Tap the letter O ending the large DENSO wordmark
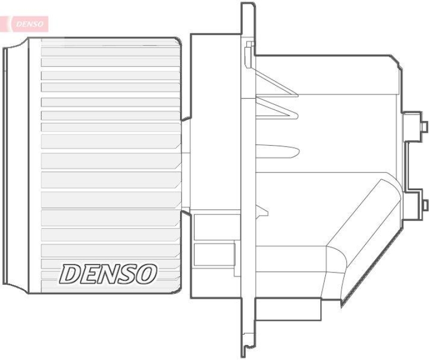coord(147,274)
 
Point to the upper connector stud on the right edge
coord(424,126)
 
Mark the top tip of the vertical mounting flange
coord(248,5)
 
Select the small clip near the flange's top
coord(248,52)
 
